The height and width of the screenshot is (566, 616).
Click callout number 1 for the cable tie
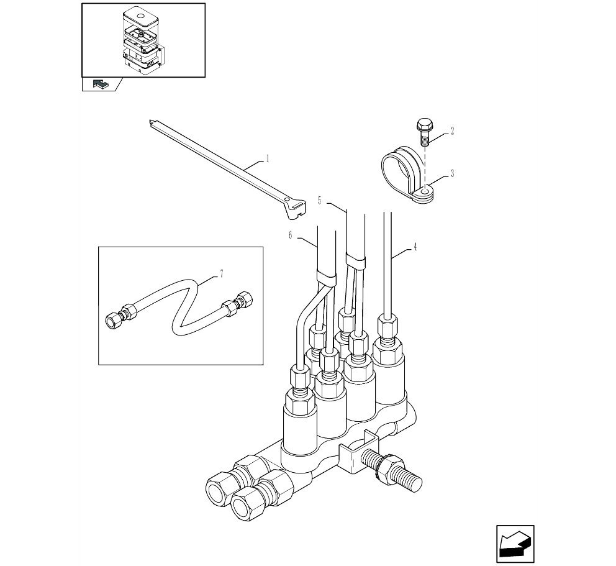tap(268, 159)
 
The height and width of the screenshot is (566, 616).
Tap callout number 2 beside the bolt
tap(452, 131)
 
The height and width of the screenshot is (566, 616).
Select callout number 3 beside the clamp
tap(452, 173)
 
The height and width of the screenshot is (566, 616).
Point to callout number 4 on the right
tap(415, 247)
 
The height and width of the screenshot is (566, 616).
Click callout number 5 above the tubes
tap(319, 201)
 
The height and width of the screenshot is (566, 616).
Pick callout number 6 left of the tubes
tap(291, 235)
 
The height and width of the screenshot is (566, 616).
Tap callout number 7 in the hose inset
tap(222, 273)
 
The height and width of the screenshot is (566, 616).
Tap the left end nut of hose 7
tap(114, 320)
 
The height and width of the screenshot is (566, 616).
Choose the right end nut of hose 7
tap(245, 299)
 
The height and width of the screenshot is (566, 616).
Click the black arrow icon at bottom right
tap(515, 544)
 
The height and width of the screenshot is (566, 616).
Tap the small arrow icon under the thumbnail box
tap(100, 84)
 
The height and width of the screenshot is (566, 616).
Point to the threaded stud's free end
tap(416, 484)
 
